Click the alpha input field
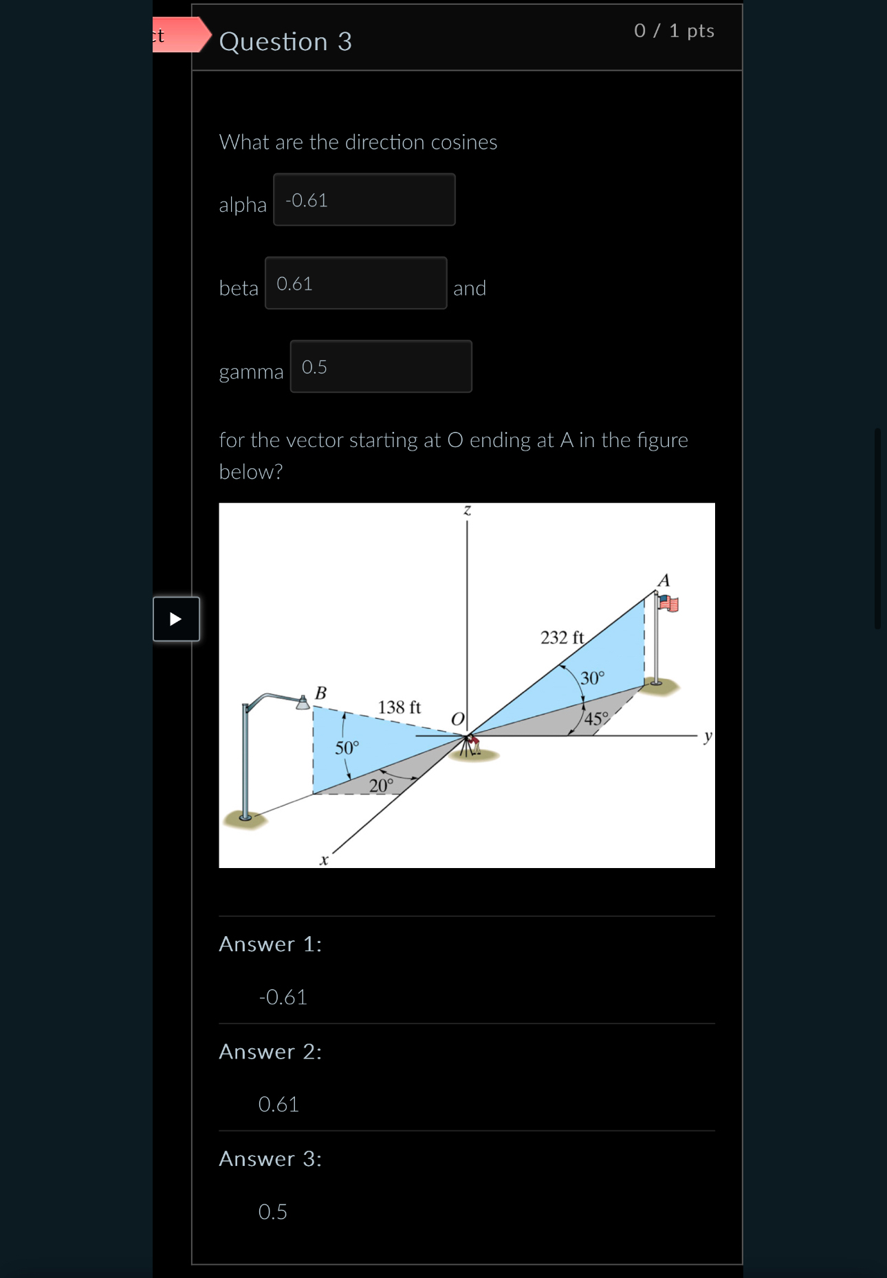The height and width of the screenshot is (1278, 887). [364, 200]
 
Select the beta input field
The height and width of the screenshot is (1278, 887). [355, 283]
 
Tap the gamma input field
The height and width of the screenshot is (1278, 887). [380, 367]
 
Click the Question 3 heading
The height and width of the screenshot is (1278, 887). [285, 42]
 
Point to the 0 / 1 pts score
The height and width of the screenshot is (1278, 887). [674, 31]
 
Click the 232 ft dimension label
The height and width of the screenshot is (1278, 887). [562, 638]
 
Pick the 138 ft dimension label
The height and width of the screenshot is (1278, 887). [399, 707]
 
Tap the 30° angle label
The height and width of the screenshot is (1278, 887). [592, 678]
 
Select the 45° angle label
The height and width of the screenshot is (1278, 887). [596, 719]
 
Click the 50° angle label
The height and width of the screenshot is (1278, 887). [347, 748]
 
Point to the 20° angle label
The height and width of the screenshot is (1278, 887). [381, 785]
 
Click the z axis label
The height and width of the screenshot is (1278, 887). [467, 510]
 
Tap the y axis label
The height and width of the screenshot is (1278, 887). [708, 737]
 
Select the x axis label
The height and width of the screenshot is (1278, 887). [324, 860]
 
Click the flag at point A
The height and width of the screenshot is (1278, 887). [668, 604]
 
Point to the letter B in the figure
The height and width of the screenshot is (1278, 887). [320, 693]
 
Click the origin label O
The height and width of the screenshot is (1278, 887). [458, 719]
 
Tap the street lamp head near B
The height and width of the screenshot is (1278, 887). [302, 702]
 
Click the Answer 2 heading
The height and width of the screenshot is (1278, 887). [270, 1052]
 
